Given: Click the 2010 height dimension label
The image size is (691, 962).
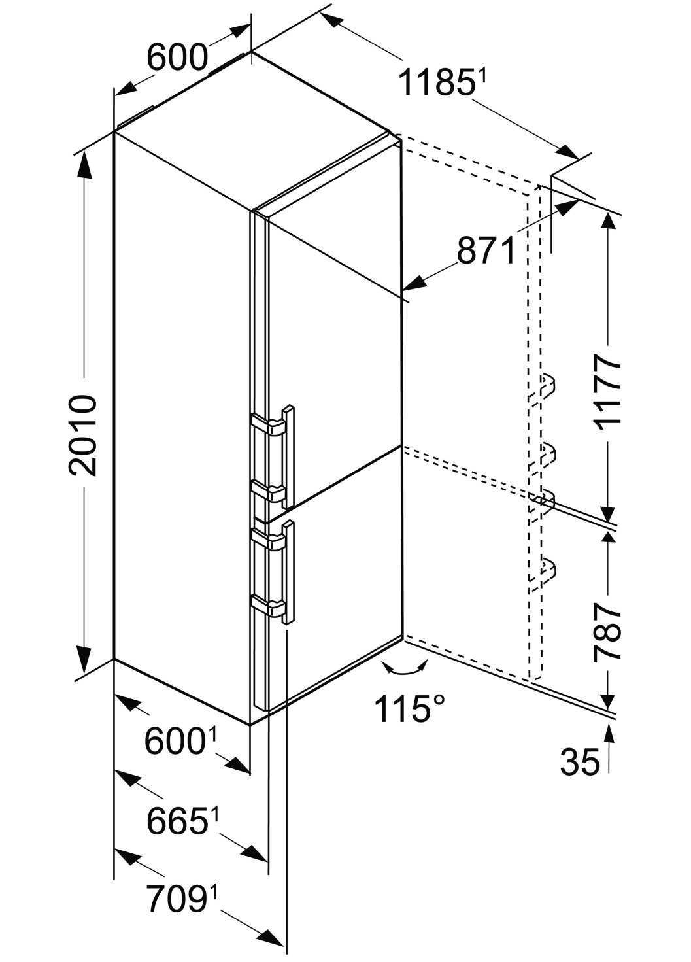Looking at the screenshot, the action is tap(84, 435).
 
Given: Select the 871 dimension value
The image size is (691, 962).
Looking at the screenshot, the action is tap(486, 250).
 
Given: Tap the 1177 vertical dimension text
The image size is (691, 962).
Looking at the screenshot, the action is tap(607, 391).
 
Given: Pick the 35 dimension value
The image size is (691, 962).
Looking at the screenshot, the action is tap(579, 762).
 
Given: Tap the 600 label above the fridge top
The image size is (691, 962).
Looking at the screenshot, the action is tap(177, 58).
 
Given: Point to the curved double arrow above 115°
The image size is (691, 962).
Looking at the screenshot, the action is tap(403, 668).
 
